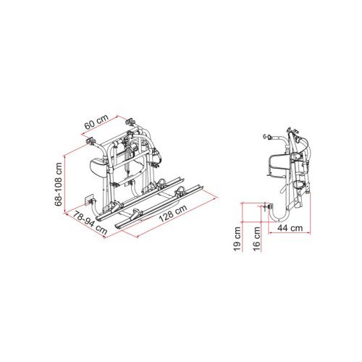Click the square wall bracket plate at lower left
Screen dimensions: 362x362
pyautogui.click(x=88, y=198)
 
